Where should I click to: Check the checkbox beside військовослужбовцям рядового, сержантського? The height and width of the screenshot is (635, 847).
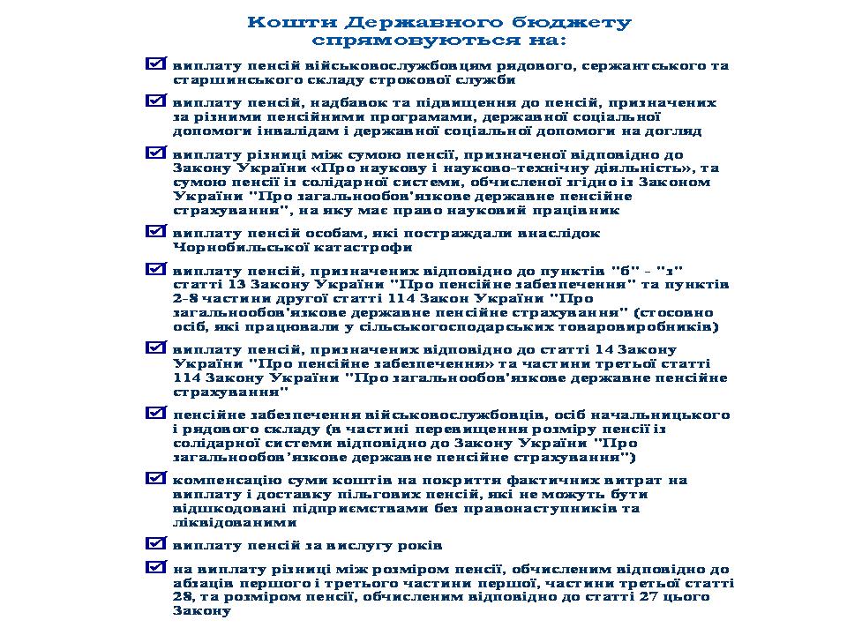[x=156, y=64]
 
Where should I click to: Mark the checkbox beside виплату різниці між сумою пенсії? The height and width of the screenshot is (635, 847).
[x=156, y=153]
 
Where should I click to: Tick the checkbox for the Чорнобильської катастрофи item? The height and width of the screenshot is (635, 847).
[x=156, y=231]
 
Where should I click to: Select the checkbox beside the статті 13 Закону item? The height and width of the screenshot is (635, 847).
[x=156, y=268]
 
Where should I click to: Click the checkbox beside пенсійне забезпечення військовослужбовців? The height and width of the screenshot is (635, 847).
[x=156, y=412]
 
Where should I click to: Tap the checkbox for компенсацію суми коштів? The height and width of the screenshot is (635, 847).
[x=156, y=478]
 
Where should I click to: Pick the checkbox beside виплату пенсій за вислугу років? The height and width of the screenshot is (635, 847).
[x=156, y=542]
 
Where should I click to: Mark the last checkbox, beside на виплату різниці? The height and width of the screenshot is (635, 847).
[x=156, y=566]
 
